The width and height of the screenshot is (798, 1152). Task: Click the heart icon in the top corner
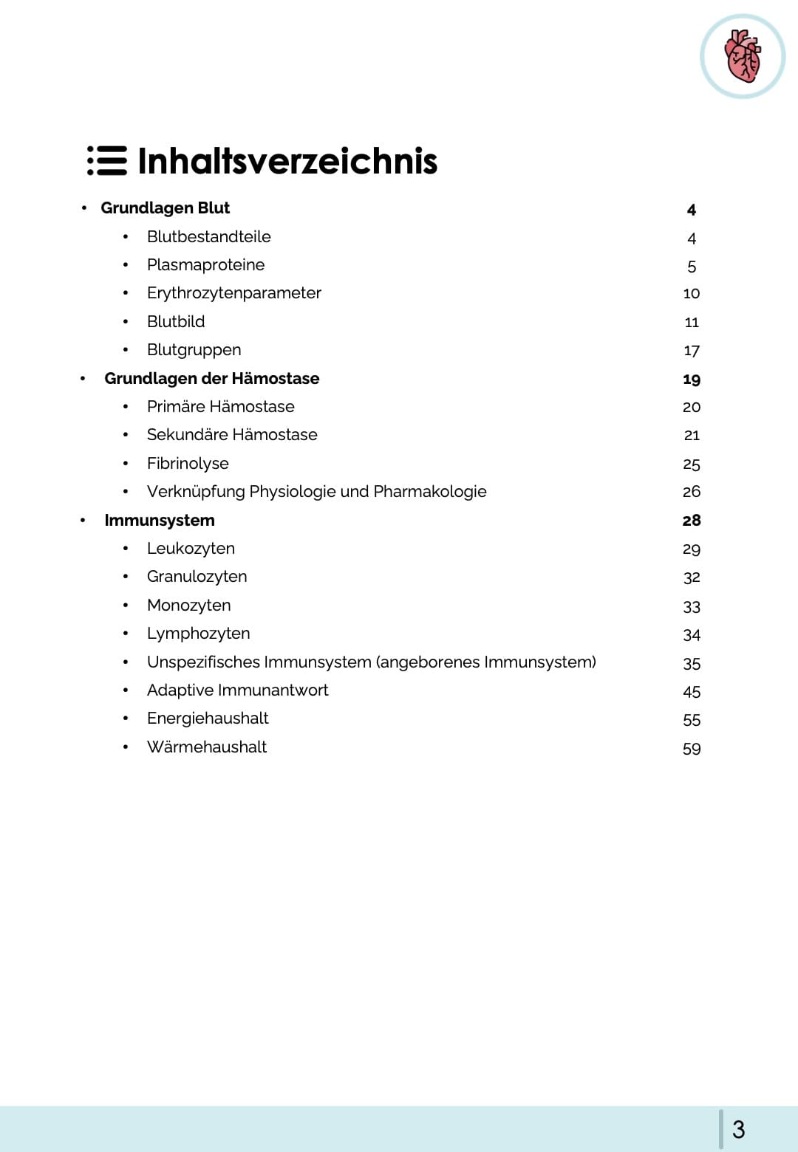pos(743,56)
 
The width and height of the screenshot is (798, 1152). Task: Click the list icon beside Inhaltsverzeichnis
pos(107,161)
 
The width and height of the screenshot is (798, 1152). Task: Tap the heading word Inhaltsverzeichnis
pos(287,161)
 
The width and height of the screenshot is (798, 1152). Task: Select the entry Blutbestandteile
pos(208,237)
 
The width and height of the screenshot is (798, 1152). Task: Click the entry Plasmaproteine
pos(205,265)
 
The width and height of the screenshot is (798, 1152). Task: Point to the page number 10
pos(691,294)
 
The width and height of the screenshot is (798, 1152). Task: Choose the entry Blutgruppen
pos(194,350)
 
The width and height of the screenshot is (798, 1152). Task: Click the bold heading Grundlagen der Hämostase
pos(211,379)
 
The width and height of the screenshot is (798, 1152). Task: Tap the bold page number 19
pos(691,380)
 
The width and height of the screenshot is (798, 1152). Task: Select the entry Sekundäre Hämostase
pos(232,435)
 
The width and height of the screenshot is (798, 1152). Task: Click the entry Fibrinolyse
pos(188,464)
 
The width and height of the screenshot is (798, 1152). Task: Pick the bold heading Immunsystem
pos(160,521)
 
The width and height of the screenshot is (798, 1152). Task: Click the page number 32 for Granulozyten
pos(691,577)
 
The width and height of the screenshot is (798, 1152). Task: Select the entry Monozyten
pos(188,606)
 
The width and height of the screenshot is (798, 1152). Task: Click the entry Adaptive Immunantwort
pos(237,690)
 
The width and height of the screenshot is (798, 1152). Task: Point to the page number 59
pos(691,749)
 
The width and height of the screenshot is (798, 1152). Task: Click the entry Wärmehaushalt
pos(207,747)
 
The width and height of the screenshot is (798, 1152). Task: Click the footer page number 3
pos(738,1129)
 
